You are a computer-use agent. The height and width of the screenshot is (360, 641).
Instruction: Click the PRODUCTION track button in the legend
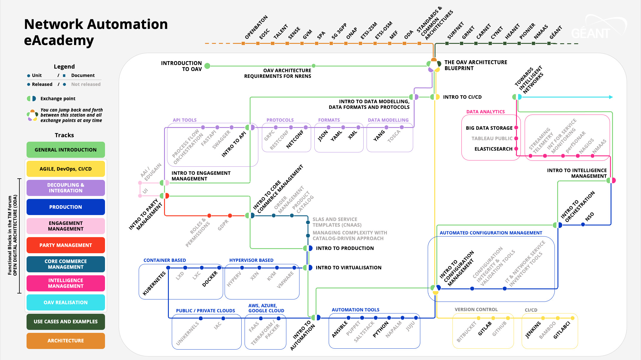[66, 207]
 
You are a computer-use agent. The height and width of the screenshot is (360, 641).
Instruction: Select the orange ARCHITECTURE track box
[66, 341]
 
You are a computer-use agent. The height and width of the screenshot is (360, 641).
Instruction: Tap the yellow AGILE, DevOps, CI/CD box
[66, 169]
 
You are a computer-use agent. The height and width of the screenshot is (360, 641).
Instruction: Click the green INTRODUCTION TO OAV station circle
[207, 66]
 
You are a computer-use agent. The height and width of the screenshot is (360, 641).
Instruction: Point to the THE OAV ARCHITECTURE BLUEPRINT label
[475, 65]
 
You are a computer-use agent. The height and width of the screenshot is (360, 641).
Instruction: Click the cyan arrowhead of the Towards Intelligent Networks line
[611, 97]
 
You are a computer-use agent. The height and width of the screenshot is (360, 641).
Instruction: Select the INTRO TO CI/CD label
[462, 97]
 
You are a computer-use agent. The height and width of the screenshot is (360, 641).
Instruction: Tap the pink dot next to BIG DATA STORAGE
[516, 128]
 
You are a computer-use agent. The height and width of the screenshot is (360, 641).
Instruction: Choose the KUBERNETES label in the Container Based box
[154, 283]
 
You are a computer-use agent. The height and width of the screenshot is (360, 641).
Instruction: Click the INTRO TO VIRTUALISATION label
[348, 268]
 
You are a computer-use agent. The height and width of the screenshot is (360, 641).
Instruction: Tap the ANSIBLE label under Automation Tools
[340, 329]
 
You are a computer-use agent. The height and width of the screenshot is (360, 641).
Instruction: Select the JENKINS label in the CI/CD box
[533, 330]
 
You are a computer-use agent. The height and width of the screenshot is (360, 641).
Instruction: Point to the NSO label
[589, 217]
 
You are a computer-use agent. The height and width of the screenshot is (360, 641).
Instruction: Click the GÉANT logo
[591, 33]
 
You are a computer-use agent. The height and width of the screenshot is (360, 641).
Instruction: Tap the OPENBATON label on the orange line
[256, 27]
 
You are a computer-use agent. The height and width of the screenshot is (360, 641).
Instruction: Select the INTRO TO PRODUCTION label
[345, 248]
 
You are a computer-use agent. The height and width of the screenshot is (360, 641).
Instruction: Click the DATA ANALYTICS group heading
[485, 112]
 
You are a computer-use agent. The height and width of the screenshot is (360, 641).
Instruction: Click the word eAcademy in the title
[59, 40]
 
